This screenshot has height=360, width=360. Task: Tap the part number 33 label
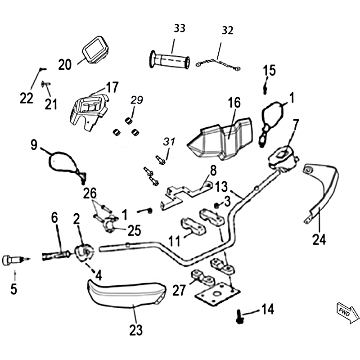[179, 28]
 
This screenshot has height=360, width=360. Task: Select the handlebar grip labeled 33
[170, 60]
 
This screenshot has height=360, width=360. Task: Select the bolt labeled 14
[238, 318]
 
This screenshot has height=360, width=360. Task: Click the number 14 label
[267, 309]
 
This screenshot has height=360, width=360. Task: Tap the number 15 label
[269, 70]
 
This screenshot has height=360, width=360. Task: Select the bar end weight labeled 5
[13, 260]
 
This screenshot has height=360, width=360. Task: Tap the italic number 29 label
[136, 99]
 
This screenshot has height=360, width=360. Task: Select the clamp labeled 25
[112, 224]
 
